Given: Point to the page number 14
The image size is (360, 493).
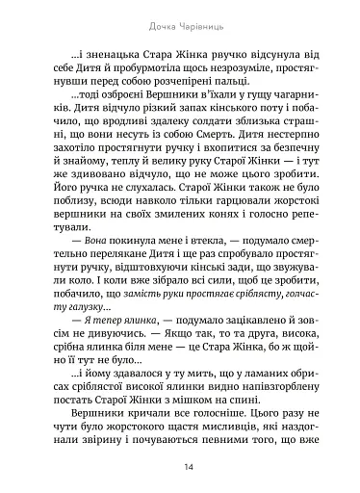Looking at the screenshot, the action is pos(180,467).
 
